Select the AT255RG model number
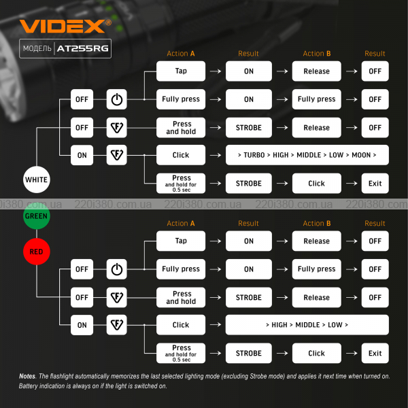coord(83,49)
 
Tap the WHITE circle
coord(36,180)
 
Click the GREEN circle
coord(36,218)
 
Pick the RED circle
coord(36,252)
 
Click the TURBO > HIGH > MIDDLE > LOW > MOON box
coord(307,155)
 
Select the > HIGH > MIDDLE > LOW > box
coord(307,325)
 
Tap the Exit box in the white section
coord(375,184)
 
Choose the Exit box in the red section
coord(375,354)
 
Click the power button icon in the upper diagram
coord(117,99)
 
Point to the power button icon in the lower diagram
coord(117,269)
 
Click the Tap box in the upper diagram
coord(181,71)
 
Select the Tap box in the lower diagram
coord(181,241)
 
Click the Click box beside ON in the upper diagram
coord(181,155)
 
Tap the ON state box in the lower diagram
coord(82,325)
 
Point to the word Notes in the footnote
coord(27,377)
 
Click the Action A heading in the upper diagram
coord(181,54)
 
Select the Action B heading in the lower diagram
coord(317,224)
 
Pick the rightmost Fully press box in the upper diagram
coord(317,99)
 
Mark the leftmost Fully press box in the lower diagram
coord(181,269)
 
